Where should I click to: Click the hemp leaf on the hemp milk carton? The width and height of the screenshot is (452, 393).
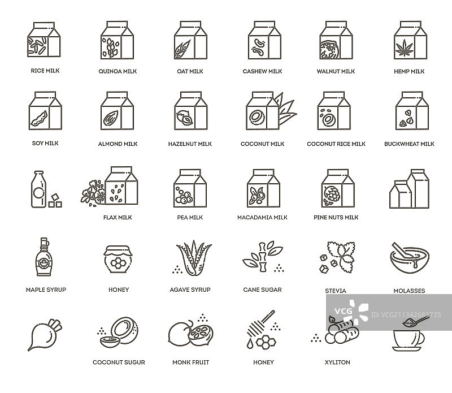(x=404, y=48)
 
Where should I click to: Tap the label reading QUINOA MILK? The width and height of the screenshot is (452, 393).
(x=118, y=71)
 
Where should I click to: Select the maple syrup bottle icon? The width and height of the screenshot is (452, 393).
(x=44, y=257)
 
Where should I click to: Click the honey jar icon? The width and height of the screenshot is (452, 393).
(x=118, y=259)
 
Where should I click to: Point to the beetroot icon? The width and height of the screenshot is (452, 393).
(x=45, y=335)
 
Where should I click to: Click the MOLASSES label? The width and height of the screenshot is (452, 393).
(x=409, y=291)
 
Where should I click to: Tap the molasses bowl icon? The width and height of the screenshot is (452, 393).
(x=410, y=258)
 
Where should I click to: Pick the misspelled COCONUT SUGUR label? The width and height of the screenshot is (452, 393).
(x=119, y=362)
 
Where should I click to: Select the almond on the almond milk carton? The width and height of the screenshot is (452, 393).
(x=111, y=118)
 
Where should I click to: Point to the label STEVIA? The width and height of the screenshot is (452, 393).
(x=336, y=291)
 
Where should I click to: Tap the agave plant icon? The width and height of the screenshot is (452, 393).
(x=194, y=258)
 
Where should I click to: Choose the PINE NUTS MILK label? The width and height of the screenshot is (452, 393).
(x=336, y=218)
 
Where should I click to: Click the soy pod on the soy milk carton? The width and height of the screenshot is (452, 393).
(x=39, y=119)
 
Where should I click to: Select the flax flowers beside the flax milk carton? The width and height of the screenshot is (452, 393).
(x=93, y=193)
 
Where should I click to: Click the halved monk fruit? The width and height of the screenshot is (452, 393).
(x=201, y=334)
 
